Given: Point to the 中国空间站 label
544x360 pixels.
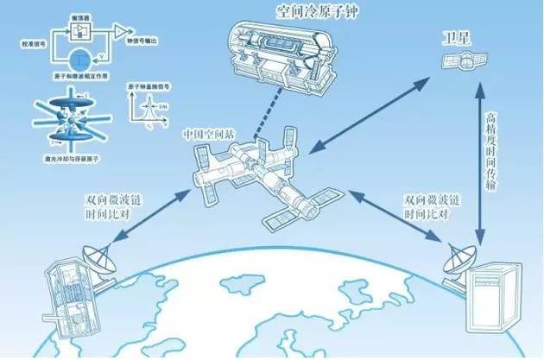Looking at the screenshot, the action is pyautogui.click(x=208, y=136).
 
